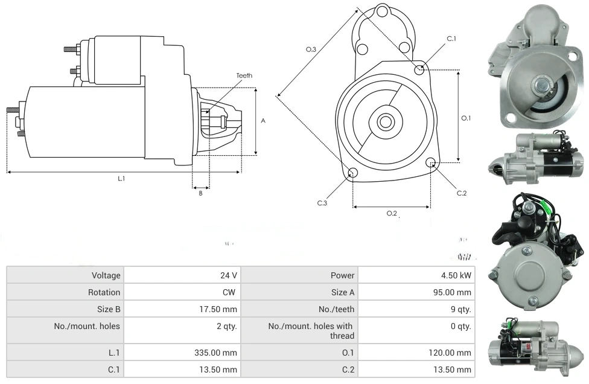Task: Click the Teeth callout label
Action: point(244,75)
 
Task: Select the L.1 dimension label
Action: point(121,178)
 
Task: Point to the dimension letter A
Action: point(263,121)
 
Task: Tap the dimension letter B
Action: point(200,193)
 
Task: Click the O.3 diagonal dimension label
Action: point(311,49)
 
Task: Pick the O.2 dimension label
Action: point(392,213)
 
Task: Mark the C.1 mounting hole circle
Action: point(419,70)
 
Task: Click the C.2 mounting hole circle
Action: point(431,163)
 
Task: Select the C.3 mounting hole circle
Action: point(353,174)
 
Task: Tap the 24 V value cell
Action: point(228,275)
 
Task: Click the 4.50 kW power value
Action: point(456,275)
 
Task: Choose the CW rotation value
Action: point(230,292)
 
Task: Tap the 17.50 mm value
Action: point(221,309)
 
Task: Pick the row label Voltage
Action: point(106,275)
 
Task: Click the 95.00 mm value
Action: point(455,292)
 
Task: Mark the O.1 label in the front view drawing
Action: point(465,118)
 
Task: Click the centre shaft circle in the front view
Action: point(385,122)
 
